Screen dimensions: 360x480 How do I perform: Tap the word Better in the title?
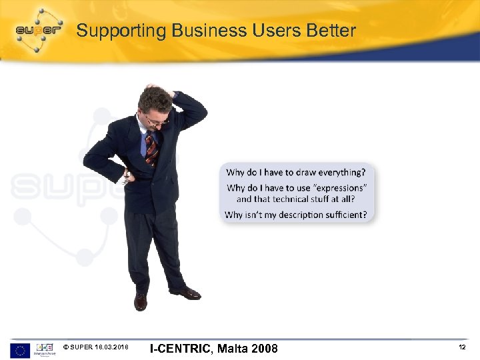tap(331, 31)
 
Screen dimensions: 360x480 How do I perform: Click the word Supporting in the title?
tap(121, 31)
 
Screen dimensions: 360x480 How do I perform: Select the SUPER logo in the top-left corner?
tap(39, 29)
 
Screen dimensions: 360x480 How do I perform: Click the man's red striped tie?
tap(151, 148)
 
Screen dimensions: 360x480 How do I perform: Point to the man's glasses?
tap(156, 121)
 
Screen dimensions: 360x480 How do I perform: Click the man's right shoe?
tap(141, 301)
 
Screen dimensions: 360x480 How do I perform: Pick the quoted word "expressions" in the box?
tap(339, 188)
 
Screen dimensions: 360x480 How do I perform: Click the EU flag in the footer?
tap(20, 350)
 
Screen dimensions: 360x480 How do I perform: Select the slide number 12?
tap(462, 348)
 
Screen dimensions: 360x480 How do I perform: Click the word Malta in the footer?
tap(233, 349)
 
